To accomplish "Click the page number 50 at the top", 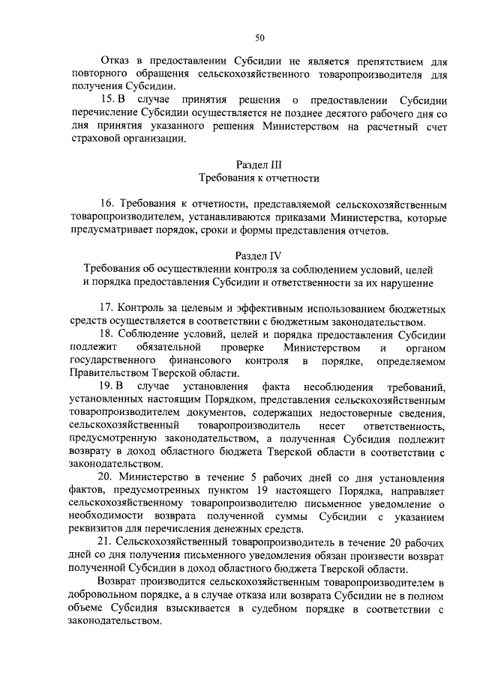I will coord(259,37).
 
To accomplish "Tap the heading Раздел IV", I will coord(259,255).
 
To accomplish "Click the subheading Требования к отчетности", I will coord(259,178).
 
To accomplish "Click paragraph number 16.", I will coord(108,204).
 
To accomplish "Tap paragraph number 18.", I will coord(108,335).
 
